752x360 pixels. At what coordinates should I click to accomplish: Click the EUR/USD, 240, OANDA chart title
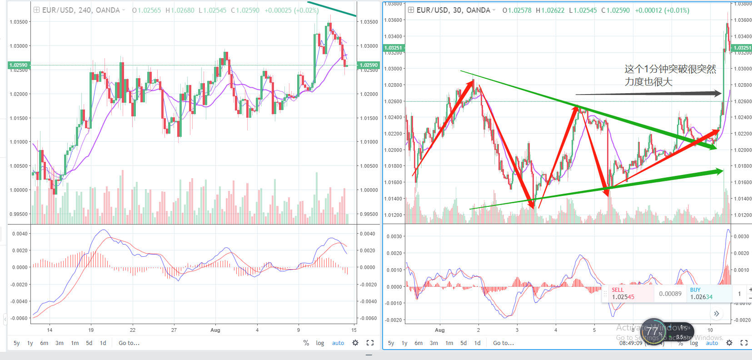[x=81, y=10]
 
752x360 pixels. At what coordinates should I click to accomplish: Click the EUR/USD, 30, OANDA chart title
[x=453, y=10]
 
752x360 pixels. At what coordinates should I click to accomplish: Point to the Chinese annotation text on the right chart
[x=670, y=75]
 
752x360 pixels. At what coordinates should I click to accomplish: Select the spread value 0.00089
[x=670, y=294]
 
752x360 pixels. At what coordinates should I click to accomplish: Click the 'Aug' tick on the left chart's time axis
[x=215, y=330]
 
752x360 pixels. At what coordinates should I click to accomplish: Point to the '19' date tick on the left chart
[x=91, y=330]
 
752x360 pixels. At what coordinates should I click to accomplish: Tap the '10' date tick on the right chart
[x=710, y=330]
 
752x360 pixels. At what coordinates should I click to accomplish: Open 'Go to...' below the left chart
[x=129, y=343]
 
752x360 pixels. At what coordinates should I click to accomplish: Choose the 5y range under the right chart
[x=391, y=343]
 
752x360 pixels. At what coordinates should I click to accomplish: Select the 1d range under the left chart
[x=103, y=343]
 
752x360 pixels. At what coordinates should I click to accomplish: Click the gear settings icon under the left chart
[x=355, y=343]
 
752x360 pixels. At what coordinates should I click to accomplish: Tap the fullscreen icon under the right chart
[x=744, y=343]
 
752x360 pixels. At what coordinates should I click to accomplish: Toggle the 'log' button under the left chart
[x=320, y=343]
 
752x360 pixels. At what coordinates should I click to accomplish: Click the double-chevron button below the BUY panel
[x=717, y=314]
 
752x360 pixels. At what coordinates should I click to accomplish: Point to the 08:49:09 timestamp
[x=631, y=343]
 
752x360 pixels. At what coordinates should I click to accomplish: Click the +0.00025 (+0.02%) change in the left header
[x=291, y=10]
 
